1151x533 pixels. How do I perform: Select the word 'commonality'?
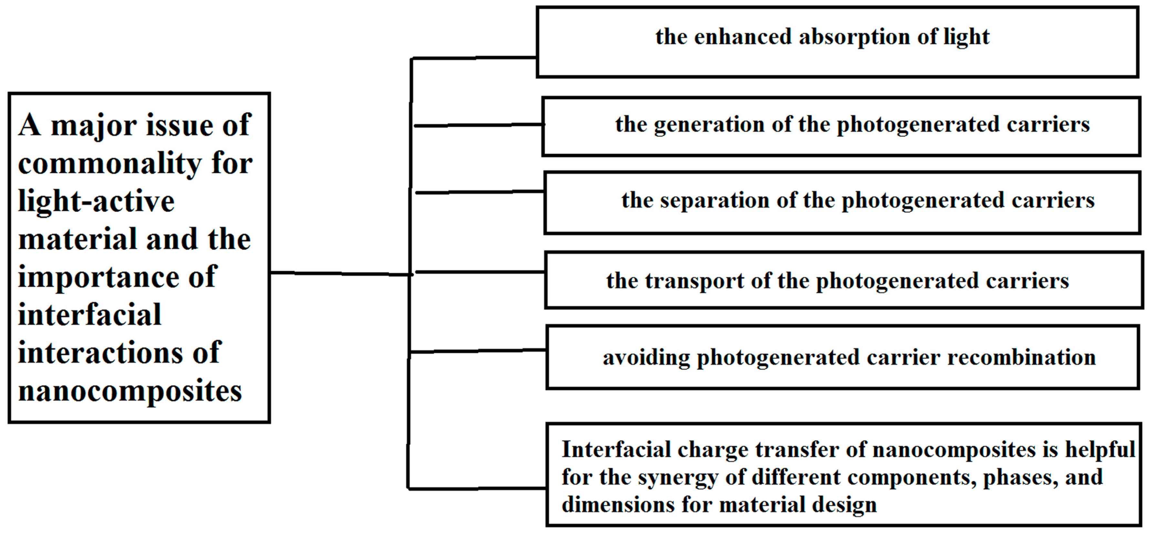click(110, 164)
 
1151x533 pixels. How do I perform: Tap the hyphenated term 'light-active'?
click(96, 202)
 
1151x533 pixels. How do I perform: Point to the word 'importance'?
click(98, 278)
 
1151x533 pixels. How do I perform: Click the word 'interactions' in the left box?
click(100, 353)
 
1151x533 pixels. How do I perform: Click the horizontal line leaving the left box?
click(339, 273)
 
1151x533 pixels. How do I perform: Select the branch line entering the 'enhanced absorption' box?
click(474, 57)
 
